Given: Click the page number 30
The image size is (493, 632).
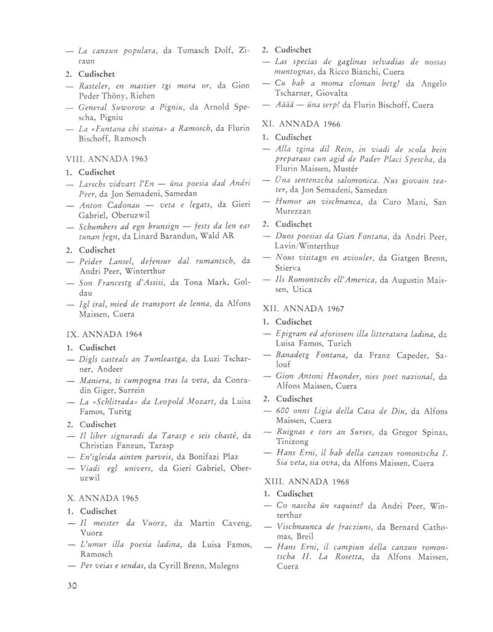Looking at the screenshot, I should pyautogui.click(x=73, y=586).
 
